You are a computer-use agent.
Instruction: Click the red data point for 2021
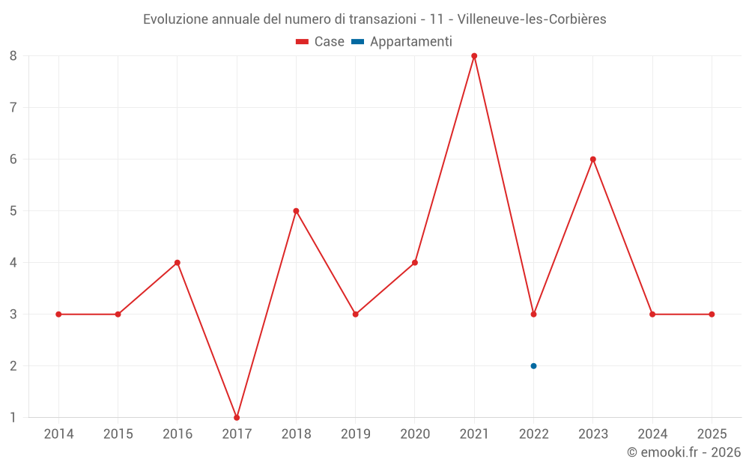(x=474, y=56)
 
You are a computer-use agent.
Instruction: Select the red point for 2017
(x=237, y=417)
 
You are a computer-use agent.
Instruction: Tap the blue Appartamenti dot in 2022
(x=533, y=366)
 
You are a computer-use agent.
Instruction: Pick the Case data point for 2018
(x=296, y=211)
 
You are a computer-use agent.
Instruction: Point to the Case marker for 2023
(x=593, y=159)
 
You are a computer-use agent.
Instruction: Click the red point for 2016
(x=178, y=263)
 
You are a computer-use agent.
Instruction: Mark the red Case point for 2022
(x=533, y=314)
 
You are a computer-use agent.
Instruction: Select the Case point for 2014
(x=58, y=314)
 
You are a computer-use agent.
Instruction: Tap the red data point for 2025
(x=712, y=314)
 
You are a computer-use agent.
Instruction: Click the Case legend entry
(x=321, y=42)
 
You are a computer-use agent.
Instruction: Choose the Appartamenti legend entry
(x=402, y=42)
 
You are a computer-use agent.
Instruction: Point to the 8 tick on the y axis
(x=13, y=56)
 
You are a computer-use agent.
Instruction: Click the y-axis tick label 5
(x=13, y=211)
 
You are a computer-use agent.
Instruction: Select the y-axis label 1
(x=13, y=417)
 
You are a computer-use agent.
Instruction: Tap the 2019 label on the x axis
(x=355, y=434)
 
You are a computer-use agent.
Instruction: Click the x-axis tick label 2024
(x=652, y=434)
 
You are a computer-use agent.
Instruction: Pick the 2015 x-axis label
(x=118, y=434)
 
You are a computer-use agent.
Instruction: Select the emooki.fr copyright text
(x=684, y=452)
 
